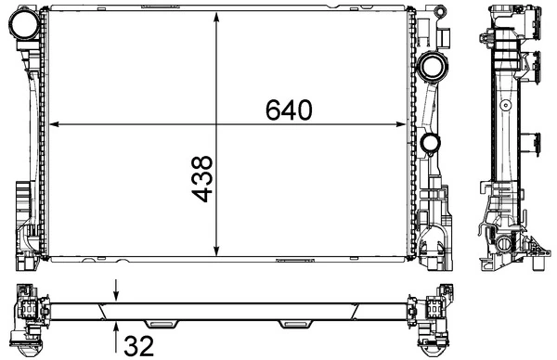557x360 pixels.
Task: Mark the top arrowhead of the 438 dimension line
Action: coord(217,16)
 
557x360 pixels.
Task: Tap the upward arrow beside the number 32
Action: coord(116,326)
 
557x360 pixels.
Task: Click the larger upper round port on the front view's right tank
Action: coord(431,66)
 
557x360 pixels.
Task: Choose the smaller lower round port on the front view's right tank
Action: coord(430,144)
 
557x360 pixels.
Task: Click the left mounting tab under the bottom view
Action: coord(163,324)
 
